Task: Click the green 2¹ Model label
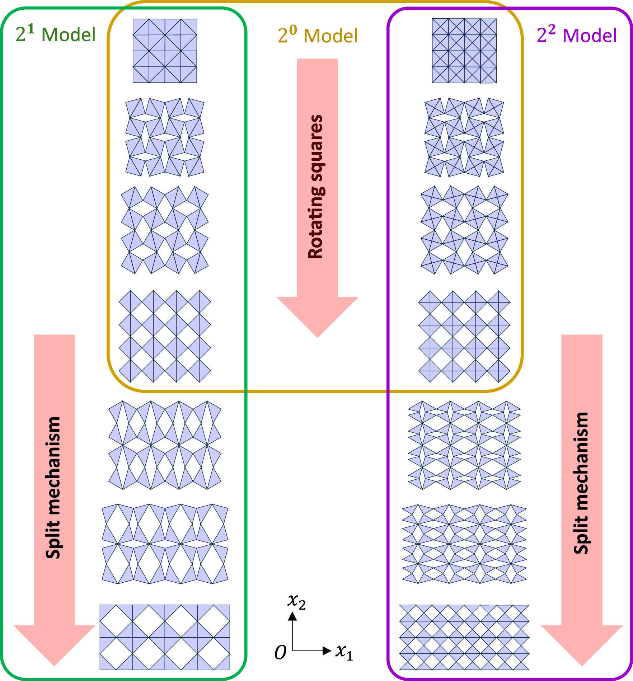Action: click(56, 34)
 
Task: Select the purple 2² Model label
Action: click(577, 35)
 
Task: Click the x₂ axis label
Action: click(296, 601)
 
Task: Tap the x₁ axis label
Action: click(344, 652)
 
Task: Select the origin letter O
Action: click(280, 652)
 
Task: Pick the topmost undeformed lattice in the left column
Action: click(165, 51)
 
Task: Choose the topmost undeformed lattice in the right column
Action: click(464, 51)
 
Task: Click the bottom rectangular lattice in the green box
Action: click(165, 637)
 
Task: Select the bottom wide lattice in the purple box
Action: click(464, 637)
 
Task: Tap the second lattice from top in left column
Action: click(165, 137)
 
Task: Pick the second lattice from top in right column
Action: click(464, 137)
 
